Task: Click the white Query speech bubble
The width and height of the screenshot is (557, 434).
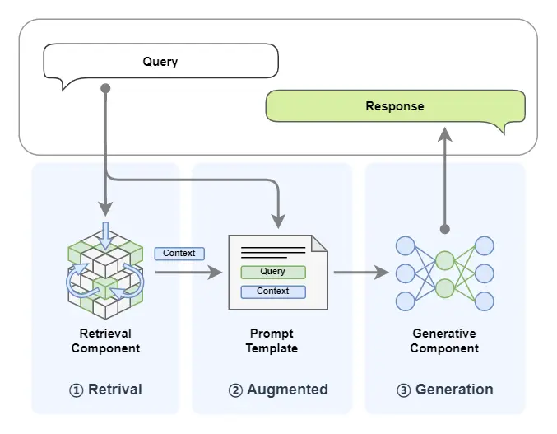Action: tap(160, 62)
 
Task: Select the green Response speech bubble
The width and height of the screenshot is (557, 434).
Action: tap(395, 106)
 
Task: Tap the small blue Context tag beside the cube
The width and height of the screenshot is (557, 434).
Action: tap(179, 254)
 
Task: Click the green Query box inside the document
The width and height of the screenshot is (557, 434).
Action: tap(272, 272)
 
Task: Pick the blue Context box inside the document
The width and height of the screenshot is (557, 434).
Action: tap(272, 292)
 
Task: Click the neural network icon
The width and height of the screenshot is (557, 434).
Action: tap(444, 273)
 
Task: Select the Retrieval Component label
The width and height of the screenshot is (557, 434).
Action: tap(105, 341)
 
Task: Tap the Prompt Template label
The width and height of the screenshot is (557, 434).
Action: tap(272, 341)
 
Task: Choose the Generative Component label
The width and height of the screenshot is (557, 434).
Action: tap(444, 341)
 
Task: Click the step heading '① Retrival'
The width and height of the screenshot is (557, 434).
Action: tap(105, 390)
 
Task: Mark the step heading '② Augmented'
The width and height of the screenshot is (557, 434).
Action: tap(279, 390)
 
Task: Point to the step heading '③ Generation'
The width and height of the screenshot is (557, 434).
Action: tap(445, 390)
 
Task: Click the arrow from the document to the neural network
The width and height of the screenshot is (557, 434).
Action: tap(362, 272)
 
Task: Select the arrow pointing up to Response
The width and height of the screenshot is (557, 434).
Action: tap(444, 165)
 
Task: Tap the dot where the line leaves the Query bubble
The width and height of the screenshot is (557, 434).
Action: tap(105, 87)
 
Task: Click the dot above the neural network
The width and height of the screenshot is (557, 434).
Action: tap(444, 228)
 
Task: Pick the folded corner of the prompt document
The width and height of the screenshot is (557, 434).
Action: tap(319, 243)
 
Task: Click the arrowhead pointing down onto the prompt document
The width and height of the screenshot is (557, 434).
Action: tap(278, 221)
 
